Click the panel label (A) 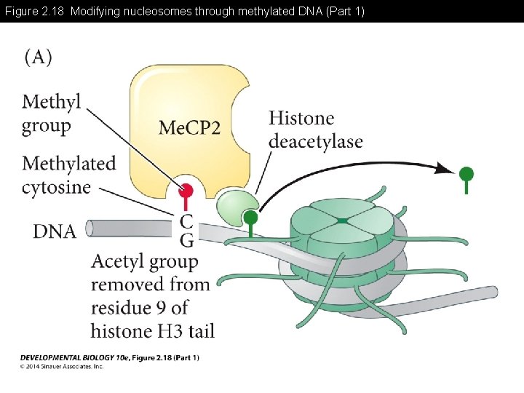pyautogui.click(x=39, y=58)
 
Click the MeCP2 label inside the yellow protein pyautogui.click(x=189, y=128)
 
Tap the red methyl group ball pyautogui.click(x=186, y=191)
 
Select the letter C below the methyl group pyautogui.click(x=186, y=221)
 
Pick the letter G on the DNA pyautogui.click(x=186, y=239)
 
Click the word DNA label pyautogui.click(x=55, y=231)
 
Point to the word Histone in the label pyautogui.click(x=301, y=118)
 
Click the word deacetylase pyautogui.click(x=315, y=141)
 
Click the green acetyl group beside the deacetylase pyautogui.click(x=250, y=218)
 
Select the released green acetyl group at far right pyautogui.click(x=467, y=175)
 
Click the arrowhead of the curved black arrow pyautogui.click(x=445, y=170)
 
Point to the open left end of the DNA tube pyautogui.click(x=90, y=229)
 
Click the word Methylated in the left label pyautogui.click(x=68, y=163)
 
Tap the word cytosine pyautogui.click(x=56, y=187)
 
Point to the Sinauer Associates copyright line pyautogui.click(x=62, y=367)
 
